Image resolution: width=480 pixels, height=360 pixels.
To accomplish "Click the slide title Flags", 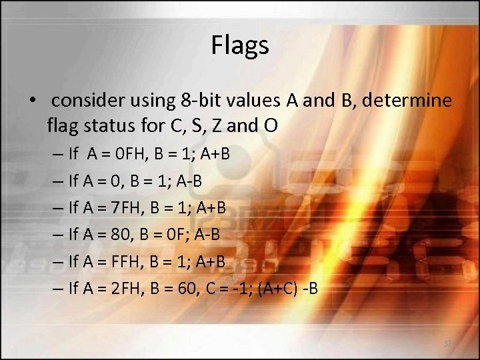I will point(240,45).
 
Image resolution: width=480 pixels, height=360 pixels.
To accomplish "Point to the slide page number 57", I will point(448,343).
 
